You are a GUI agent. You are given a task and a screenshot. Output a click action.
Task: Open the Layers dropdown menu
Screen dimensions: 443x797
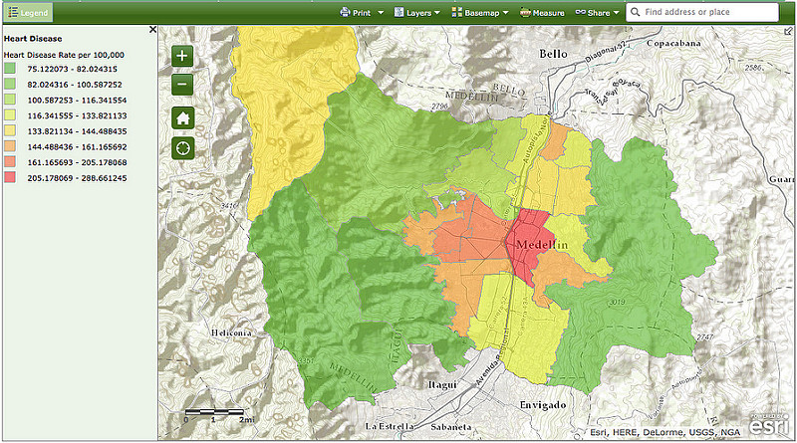416,13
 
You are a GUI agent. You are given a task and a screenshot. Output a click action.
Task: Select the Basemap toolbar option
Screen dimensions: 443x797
480,13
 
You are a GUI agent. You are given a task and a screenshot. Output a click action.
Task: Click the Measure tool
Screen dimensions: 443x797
542,13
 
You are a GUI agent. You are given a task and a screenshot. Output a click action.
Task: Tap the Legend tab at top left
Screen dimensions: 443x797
27,12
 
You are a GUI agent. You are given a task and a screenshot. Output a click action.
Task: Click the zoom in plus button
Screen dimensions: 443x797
182,57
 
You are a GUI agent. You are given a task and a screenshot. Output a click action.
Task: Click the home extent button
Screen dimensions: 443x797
182,116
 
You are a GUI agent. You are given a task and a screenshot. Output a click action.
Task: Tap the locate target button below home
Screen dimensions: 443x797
182,147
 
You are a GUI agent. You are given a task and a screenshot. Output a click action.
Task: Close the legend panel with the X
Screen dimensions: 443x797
152,30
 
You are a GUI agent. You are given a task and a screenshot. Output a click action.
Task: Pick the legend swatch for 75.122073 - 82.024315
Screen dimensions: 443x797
10,69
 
